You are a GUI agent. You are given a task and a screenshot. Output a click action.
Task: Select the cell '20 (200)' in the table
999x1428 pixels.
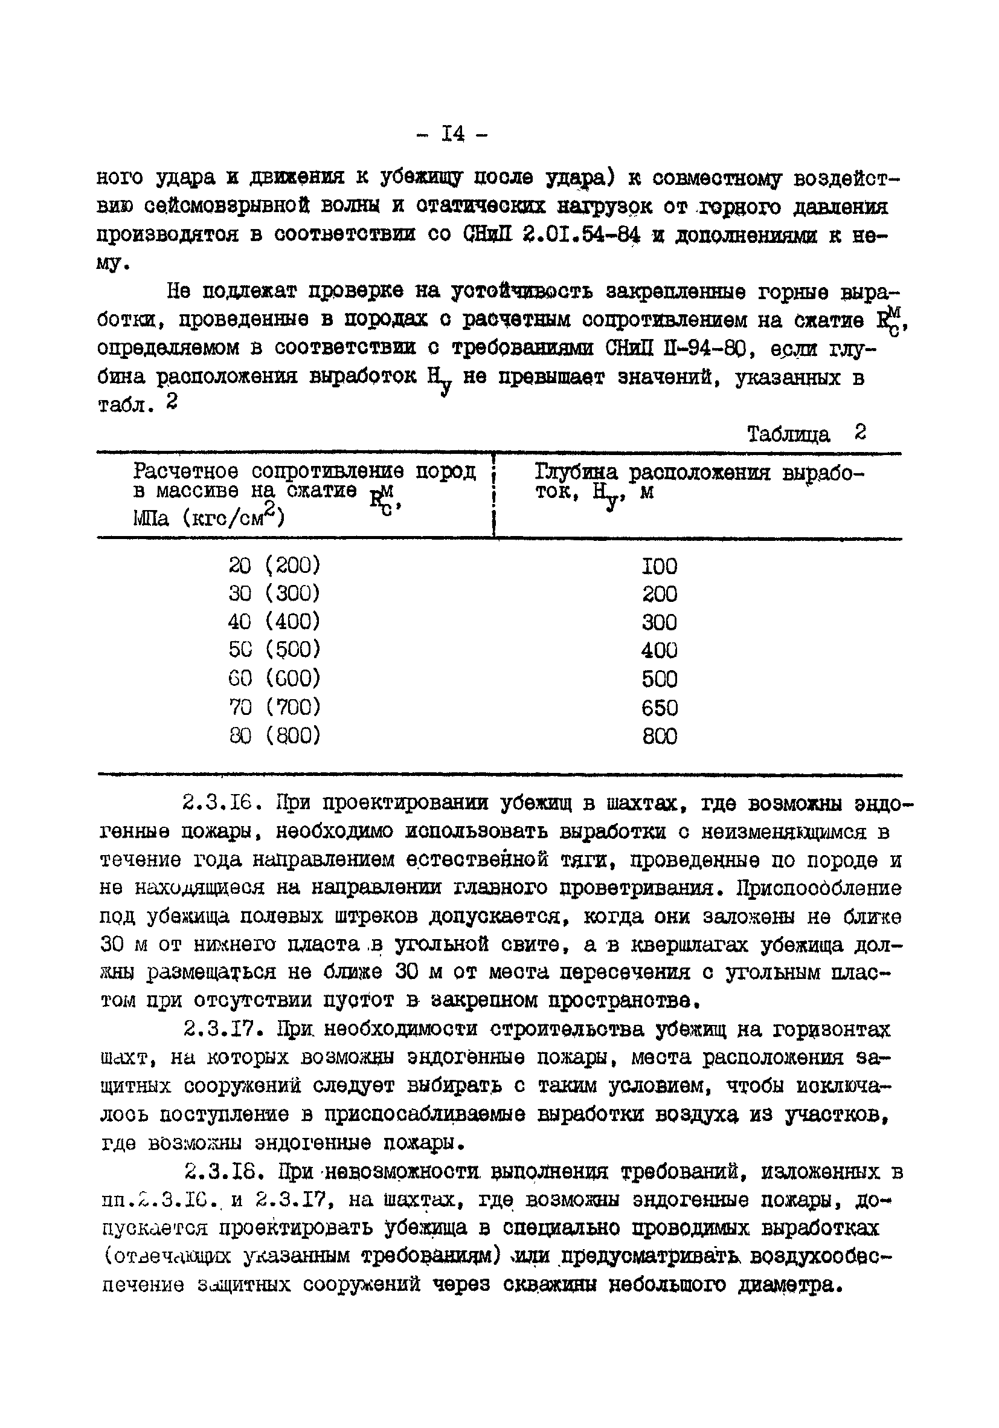274,566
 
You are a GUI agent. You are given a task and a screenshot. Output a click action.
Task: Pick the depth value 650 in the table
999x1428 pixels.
659,708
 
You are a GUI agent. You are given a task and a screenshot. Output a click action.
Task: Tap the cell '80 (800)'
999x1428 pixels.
274,736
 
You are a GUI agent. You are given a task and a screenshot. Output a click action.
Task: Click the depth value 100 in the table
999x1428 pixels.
659,566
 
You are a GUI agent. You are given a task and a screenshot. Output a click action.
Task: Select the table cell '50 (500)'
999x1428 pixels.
274,649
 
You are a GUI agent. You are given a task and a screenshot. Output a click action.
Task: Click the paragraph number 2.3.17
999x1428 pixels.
225,1029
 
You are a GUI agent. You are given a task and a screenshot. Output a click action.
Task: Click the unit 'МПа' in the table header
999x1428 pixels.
150,518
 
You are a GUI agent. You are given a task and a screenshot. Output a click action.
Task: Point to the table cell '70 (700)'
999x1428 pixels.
274,707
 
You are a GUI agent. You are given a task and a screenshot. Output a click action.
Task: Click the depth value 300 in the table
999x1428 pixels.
659,622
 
